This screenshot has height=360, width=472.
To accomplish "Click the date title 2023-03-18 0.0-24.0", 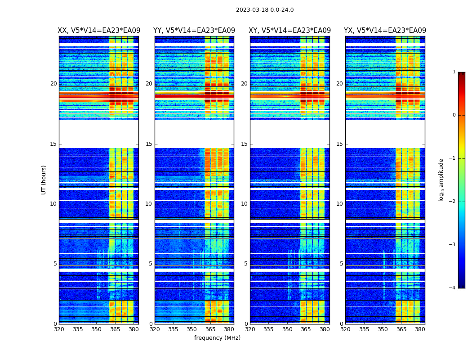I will (x=265, y=10).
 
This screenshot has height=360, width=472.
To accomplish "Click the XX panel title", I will (x=99, y=31).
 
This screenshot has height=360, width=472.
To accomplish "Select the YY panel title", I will (x=194, y=31).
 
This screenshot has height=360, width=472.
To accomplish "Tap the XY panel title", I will (x=290, y=31).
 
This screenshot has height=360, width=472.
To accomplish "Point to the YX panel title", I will (x=385, y=31).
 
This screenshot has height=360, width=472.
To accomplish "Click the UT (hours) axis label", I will (x=44, y=180).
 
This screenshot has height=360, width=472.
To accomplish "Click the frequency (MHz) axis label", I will (x=217, y=338).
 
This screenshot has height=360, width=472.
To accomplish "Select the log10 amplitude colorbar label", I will (x=441, y=180).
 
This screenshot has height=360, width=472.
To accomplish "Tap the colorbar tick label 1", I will (x=454, y=72).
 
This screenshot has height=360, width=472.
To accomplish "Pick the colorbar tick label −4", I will (x=453, y=288).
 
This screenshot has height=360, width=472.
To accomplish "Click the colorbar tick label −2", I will (x=453, y=202).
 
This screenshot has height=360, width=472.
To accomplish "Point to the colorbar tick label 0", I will (x=454, y=115).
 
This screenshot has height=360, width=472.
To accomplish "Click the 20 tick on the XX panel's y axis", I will (x=53, y=84).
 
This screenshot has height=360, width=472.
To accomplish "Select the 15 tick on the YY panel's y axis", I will (x=149, y=144).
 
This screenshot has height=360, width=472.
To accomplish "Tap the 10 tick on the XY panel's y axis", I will (x=244, y=204).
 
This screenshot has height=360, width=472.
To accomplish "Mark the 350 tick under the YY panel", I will (x=192, y=329).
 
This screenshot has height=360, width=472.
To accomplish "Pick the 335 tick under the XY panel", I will (x=269, y=329).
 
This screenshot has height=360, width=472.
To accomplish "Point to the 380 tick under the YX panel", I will (x=420, y=329).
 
